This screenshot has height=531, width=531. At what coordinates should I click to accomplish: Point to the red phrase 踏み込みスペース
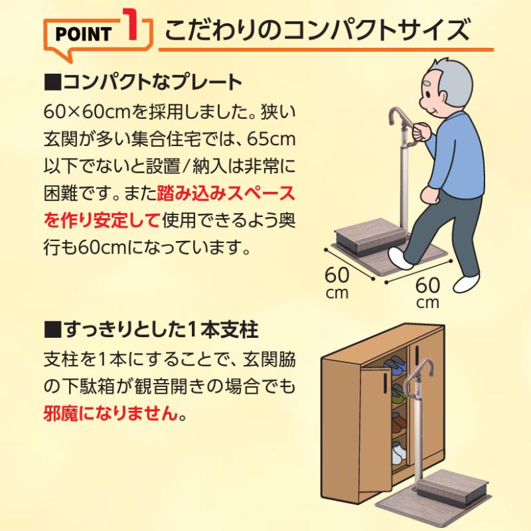click(x=226, y=194)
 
